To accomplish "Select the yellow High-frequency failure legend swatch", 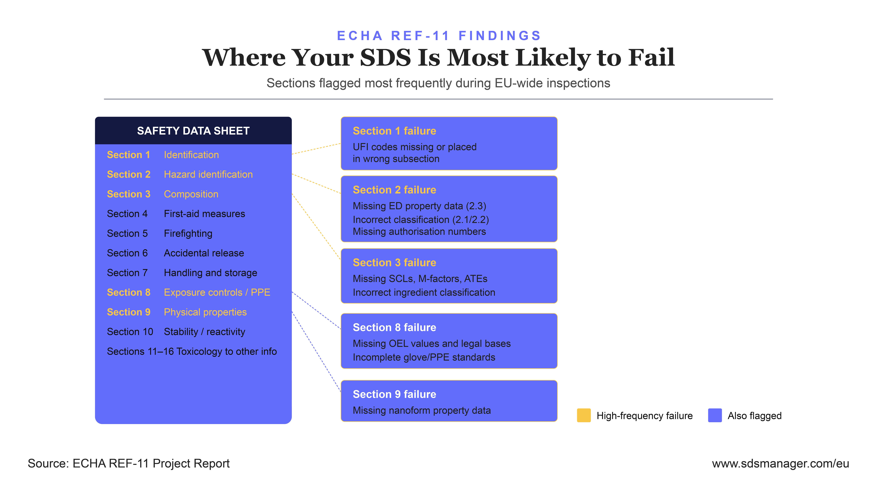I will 584,415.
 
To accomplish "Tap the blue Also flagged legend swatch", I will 715,415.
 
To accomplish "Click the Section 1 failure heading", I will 394,131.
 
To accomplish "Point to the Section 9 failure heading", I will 394,394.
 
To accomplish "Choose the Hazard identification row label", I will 208,175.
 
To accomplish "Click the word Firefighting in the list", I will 188,233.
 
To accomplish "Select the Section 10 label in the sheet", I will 130,332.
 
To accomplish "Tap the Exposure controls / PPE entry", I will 217,293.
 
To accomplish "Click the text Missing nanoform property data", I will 422,411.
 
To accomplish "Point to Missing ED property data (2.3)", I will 419,206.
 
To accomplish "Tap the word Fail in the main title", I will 651,58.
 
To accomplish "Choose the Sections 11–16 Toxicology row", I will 192,351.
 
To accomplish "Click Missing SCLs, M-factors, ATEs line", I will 420,279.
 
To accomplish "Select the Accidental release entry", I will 204,253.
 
